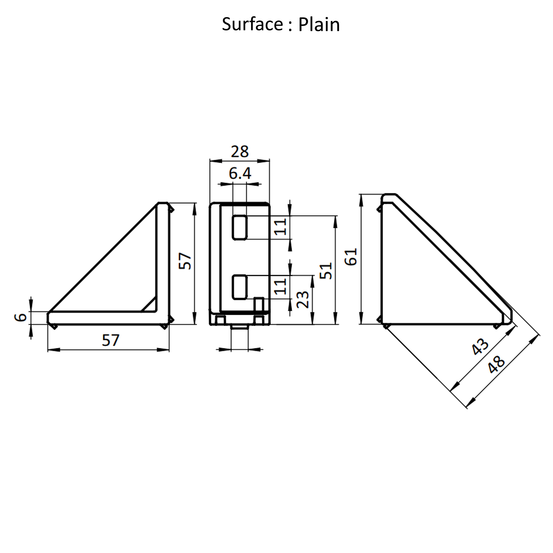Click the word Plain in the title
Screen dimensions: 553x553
(319, 25)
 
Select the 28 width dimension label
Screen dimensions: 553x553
(240, 151)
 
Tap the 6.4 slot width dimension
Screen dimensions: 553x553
(240, 173)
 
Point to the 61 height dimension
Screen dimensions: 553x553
(351, 257)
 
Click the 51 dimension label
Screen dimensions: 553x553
(326, 271)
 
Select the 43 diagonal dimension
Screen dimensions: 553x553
(480, 347)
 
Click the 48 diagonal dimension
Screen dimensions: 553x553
(496, 365)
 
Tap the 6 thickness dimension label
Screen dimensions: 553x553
(21, 317)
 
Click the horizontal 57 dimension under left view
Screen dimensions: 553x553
(110, 340)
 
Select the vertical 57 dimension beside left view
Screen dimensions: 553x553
(185, 261)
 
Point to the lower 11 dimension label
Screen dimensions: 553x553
(281, 286)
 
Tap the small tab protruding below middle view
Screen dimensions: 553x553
(240, 327)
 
